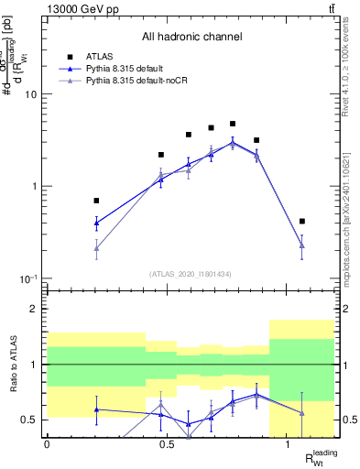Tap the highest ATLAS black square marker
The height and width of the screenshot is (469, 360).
click(233, 124)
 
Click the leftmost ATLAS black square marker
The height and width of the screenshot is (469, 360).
click(96, 200)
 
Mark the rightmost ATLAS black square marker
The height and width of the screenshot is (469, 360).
click(302, 221)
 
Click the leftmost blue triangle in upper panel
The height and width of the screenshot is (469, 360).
click(96, 223)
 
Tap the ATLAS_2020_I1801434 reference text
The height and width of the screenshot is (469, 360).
click(191, 273)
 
